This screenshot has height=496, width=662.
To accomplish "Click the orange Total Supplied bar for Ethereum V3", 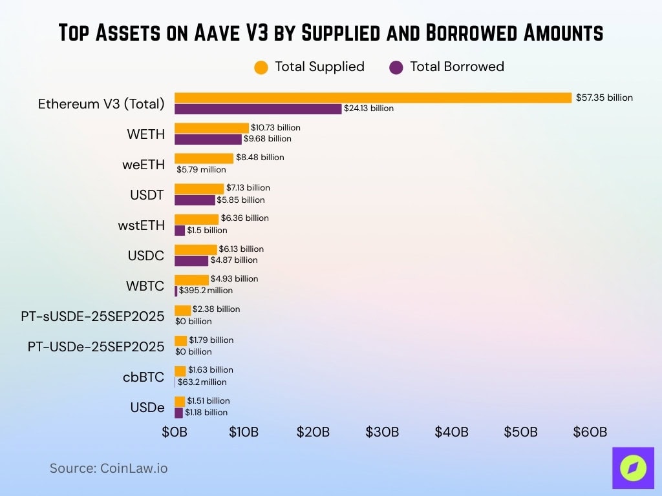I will click(x=373, y=98).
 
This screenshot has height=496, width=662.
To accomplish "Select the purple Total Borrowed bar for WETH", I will click(x=208, y=139).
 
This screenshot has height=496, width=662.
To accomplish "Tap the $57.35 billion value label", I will click(x=604, y=98).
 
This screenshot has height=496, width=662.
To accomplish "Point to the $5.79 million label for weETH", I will click(x=202, y=170).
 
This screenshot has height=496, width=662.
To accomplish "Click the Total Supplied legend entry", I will click(x=310, y=67).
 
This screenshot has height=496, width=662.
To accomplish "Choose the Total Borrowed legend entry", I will click(x=447, y=67).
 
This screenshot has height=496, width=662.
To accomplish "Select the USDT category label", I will click(x=147, y=195).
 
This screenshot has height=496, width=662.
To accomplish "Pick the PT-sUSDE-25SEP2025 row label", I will click(x=92, y=316).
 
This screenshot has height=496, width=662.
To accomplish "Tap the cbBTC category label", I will click(x=144, y=377).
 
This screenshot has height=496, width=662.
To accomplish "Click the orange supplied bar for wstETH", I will click(x=197, y=219).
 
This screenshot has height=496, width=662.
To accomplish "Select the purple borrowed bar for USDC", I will click(x=191, y=260).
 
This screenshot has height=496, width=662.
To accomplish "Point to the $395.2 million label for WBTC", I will click(x=206, y=291).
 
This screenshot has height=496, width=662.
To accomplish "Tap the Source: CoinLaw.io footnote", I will click(x=109, y=468).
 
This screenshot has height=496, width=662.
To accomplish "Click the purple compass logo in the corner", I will click(x=632, y=468).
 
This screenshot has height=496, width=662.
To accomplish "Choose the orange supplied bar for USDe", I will click(x=180, y=401).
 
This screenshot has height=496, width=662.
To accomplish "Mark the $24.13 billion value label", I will click(x=368, y=108).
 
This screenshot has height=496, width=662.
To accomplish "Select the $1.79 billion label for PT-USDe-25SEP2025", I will click(x=211, y=340).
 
